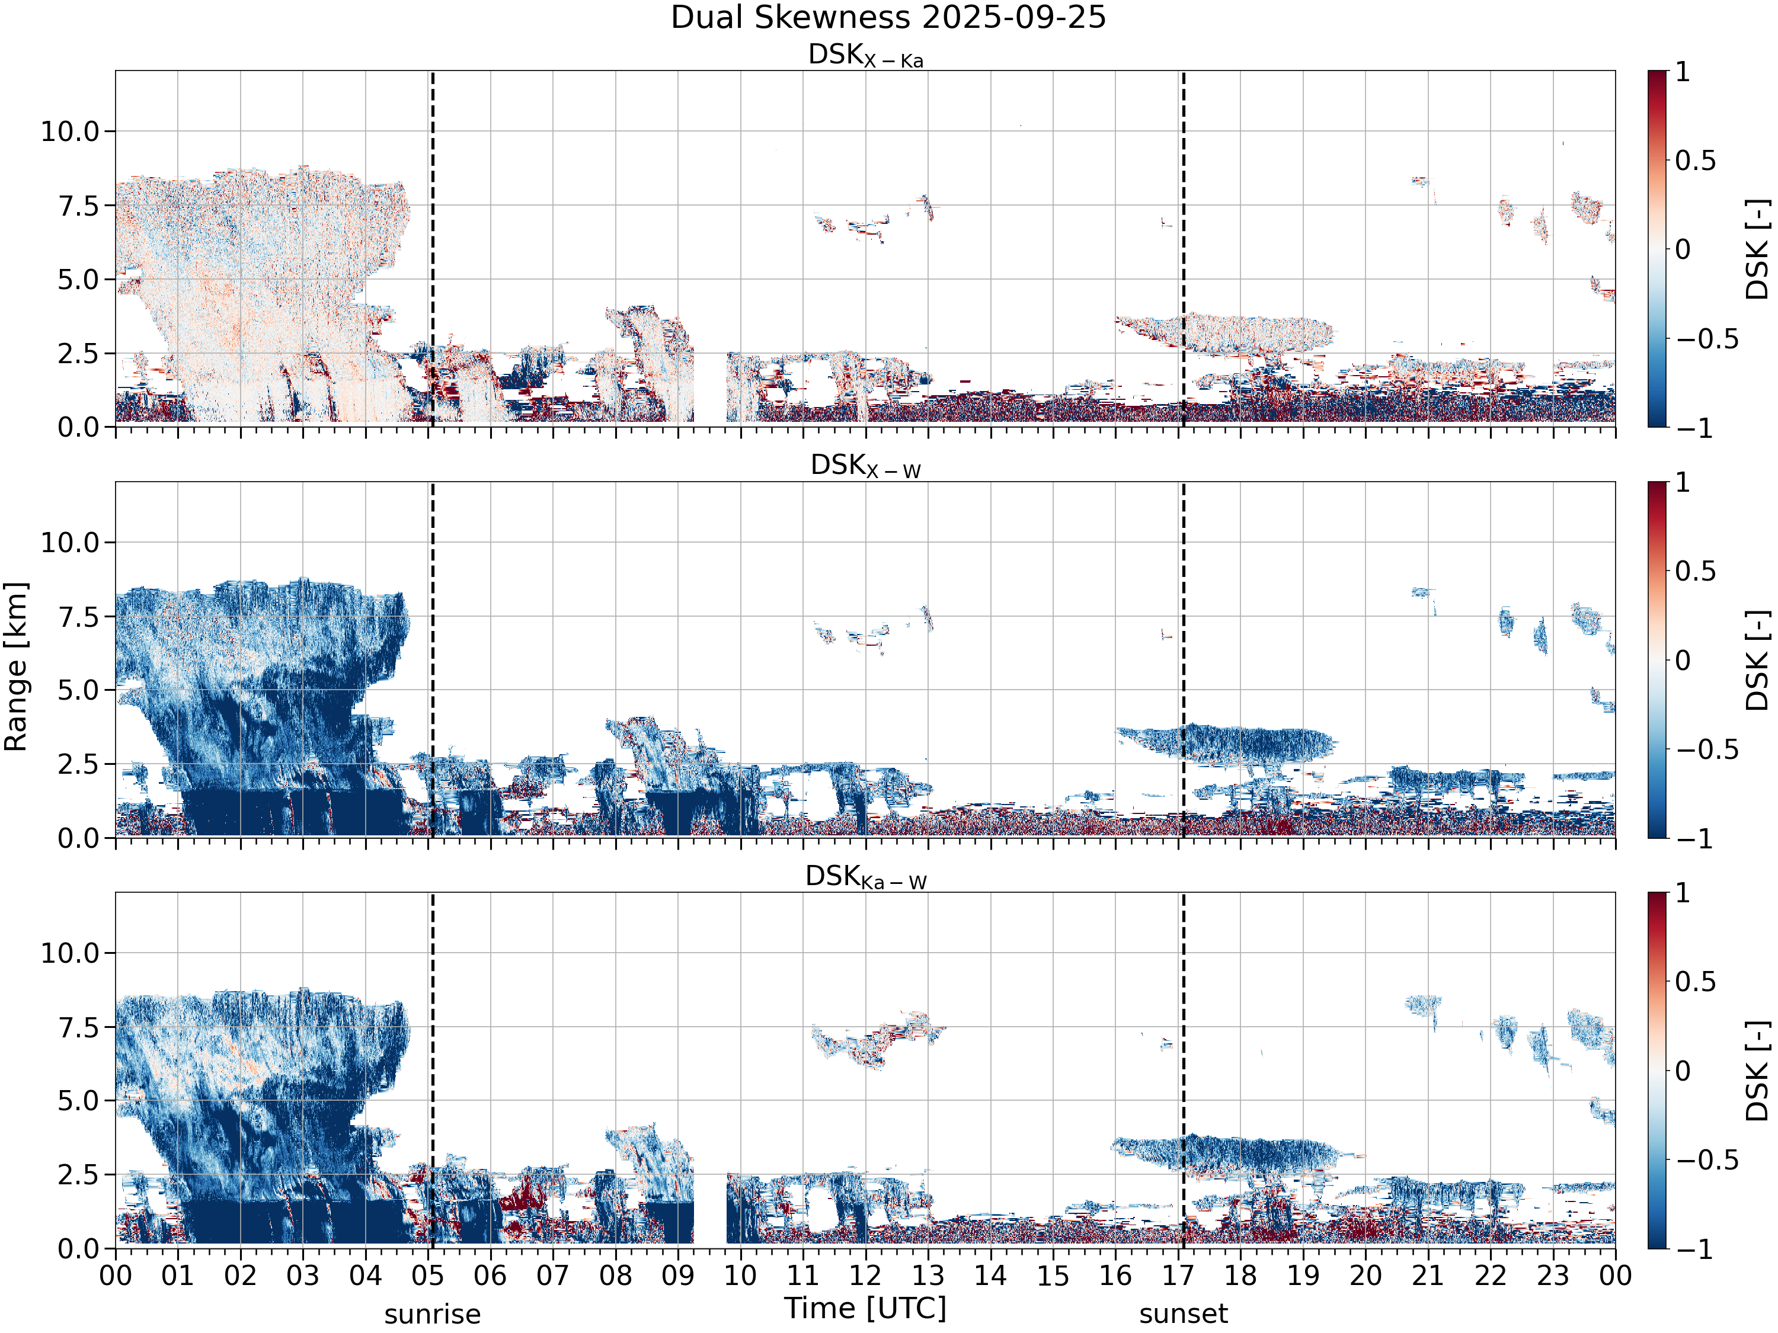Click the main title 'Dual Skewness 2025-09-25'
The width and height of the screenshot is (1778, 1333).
(x=888, y=18)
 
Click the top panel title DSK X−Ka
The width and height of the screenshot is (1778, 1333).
(x=866, y=56)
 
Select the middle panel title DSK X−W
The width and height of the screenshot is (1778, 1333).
(x=866, y=466)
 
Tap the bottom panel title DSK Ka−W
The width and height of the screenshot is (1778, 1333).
(x=866, y=877)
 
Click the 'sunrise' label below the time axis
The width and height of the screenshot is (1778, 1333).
(x=433, y=1315)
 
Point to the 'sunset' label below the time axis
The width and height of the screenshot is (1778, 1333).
(x=1183, y=1315)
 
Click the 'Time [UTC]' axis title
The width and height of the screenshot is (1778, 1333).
(x=866, y=1308)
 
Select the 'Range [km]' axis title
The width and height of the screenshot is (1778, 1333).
(x=16, y=667)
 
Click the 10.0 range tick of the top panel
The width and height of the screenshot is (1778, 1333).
(x=70, y=131)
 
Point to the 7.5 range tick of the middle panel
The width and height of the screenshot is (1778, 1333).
(x=79, y=616)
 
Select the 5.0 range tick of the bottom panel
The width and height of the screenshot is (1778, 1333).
(x=79, y=1101)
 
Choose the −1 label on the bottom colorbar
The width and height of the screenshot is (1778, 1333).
(x=1694, y=1249)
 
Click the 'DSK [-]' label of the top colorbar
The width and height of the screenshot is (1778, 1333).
(x=1758, y=249)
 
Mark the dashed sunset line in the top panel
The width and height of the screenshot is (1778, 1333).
(x=1183, y=249)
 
